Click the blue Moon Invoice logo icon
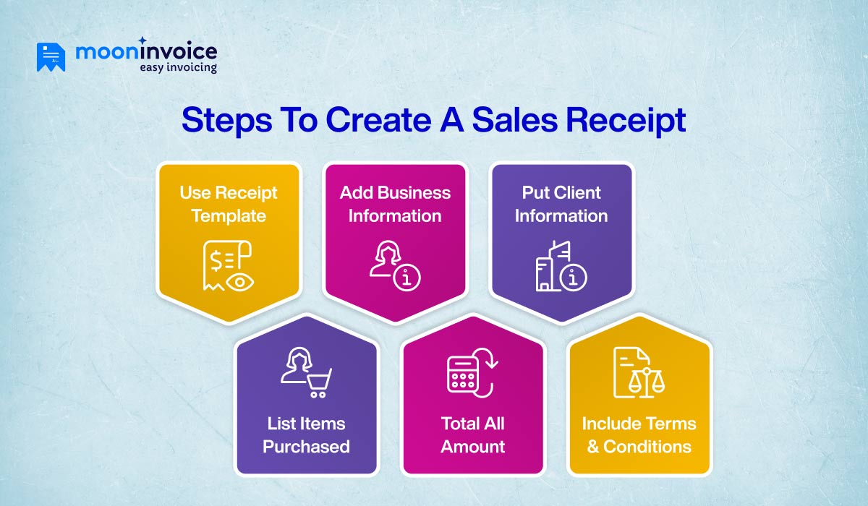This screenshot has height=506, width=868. pyautogui.click(x=51, y=57)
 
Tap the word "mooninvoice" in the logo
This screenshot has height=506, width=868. pyautogui.click(x=145, y=52)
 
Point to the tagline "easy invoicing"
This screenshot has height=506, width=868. pyautogui.click(x=178, y=68)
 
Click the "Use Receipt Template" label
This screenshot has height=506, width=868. pyautogui.click(x=229, y=205)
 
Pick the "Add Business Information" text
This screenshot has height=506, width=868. pyautogui.click(x=395, y=205)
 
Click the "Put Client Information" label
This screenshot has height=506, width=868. pyautogui.click(x=561, y=205)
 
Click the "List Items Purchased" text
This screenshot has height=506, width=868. pyautogui.click(x=306, y=435)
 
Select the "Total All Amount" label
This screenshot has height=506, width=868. pyautogui.click(x=472, y=435)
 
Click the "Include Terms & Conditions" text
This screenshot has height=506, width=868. pyautogui.click(x=639, y=435)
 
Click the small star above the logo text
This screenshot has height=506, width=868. pyautogui.click(x=142, y=40)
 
